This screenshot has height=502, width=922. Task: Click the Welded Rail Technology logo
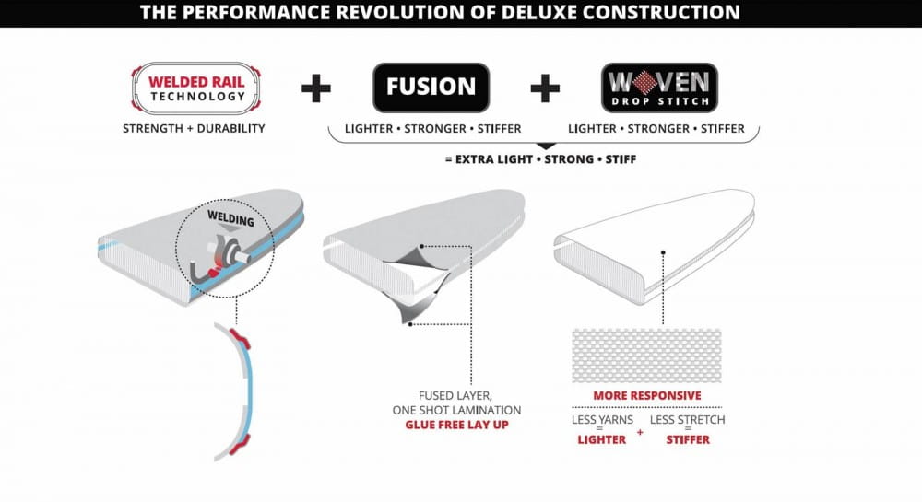196,88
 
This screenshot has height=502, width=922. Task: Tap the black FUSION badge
431,88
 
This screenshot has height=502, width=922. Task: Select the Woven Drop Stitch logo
659,88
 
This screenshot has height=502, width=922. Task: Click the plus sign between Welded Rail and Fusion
316,88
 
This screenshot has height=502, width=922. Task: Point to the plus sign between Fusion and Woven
545,88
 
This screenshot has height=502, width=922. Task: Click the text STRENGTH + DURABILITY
194,128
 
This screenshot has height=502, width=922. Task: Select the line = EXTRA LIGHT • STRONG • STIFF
541,159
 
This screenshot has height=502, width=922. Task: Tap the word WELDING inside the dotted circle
230,218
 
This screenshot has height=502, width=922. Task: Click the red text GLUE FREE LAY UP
457,425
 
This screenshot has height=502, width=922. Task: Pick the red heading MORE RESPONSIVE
647,396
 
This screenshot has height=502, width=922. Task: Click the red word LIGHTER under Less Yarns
601,439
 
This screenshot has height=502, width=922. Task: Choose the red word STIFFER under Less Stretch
688,439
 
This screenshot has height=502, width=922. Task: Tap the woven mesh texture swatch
647,356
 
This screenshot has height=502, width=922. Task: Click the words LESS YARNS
602,420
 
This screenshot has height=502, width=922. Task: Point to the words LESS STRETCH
688,420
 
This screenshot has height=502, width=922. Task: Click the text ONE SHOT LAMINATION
457,410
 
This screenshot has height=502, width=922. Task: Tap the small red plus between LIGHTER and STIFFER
640,433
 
